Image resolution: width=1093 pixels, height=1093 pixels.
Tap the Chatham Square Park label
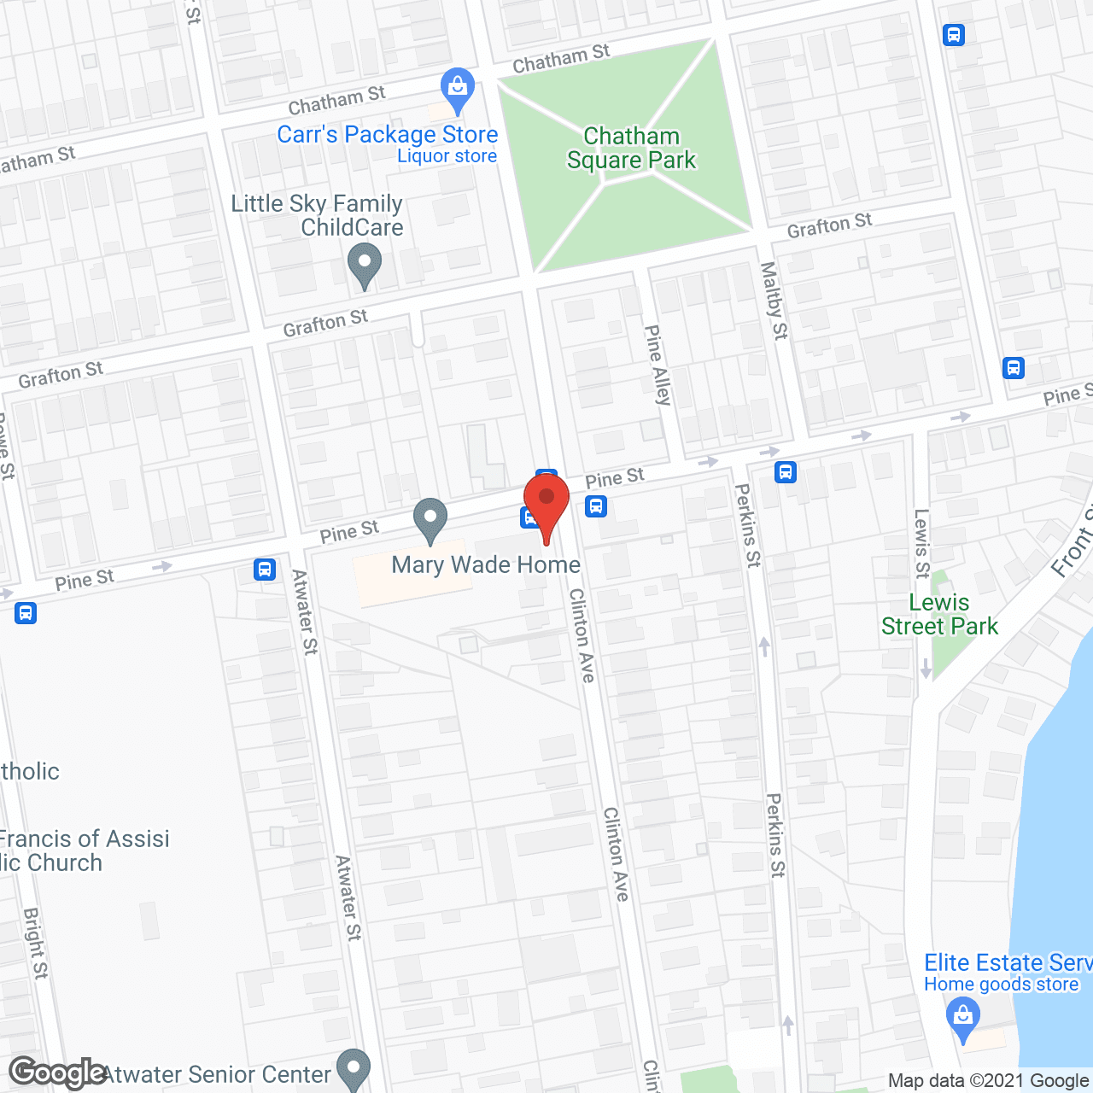[632, 149]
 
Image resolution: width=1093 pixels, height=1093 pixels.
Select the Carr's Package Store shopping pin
[458, 89]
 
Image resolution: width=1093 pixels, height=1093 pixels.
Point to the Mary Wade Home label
[486, 564]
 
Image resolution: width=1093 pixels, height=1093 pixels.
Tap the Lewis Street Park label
[939, 615]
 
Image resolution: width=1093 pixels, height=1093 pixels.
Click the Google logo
[57, 1073]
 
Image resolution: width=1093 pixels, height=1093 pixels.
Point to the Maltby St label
[774, 301]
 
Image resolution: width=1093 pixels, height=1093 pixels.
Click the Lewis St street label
[922, 544]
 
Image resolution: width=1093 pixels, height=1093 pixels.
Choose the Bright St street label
[35, 943]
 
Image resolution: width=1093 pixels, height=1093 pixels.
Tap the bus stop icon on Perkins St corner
[786, 471]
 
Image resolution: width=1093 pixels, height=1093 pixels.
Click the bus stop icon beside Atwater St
[265, 570]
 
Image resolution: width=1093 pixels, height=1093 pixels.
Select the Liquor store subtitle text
[447, 156]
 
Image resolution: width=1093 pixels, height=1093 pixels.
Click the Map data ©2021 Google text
[990, 1081]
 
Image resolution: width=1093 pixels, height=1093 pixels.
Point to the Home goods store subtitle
[1001, 985]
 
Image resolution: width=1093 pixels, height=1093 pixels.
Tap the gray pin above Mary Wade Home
[430, 518]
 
